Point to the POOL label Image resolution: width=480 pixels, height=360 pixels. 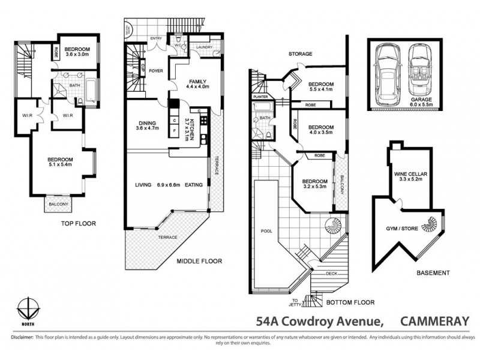coord(266,230)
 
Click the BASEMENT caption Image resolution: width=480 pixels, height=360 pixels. coord(433,272)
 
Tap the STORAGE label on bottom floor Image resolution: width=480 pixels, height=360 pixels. coord(299,54)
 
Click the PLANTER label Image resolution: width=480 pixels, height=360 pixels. coord(260,96)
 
